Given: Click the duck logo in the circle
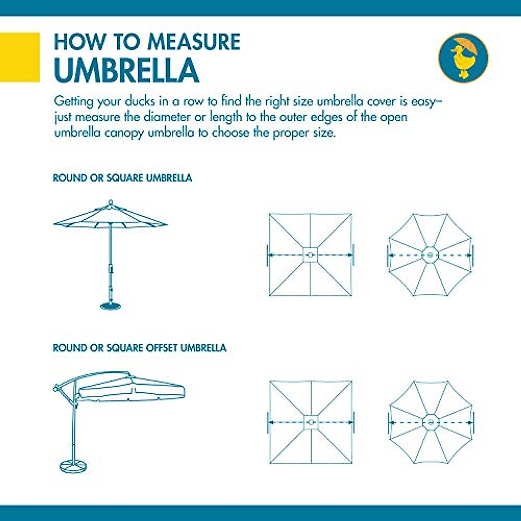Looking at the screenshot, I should pos(463,58).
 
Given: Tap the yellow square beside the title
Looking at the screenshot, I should pos(20,57).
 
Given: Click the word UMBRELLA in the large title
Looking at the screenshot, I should pos(126,70).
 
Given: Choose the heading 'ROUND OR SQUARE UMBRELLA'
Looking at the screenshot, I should pos(122,178).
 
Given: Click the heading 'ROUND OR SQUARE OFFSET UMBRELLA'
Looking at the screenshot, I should pos(139,348).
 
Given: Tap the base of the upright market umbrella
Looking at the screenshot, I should pos(111,306).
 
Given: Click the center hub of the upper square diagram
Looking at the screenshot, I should pos(310,255).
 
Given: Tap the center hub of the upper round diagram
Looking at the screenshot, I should pos(430,255).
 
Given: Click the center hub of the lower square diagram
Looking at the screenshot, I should pos(310,422).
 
